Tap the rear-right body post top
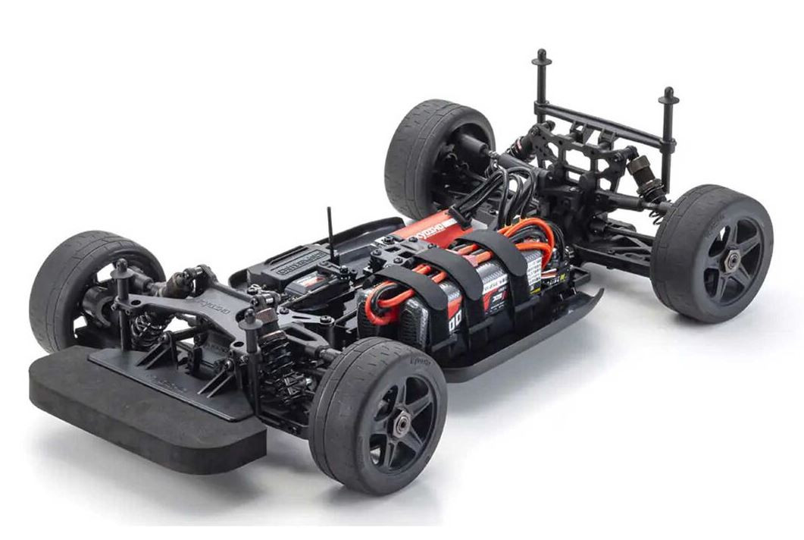668,93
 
